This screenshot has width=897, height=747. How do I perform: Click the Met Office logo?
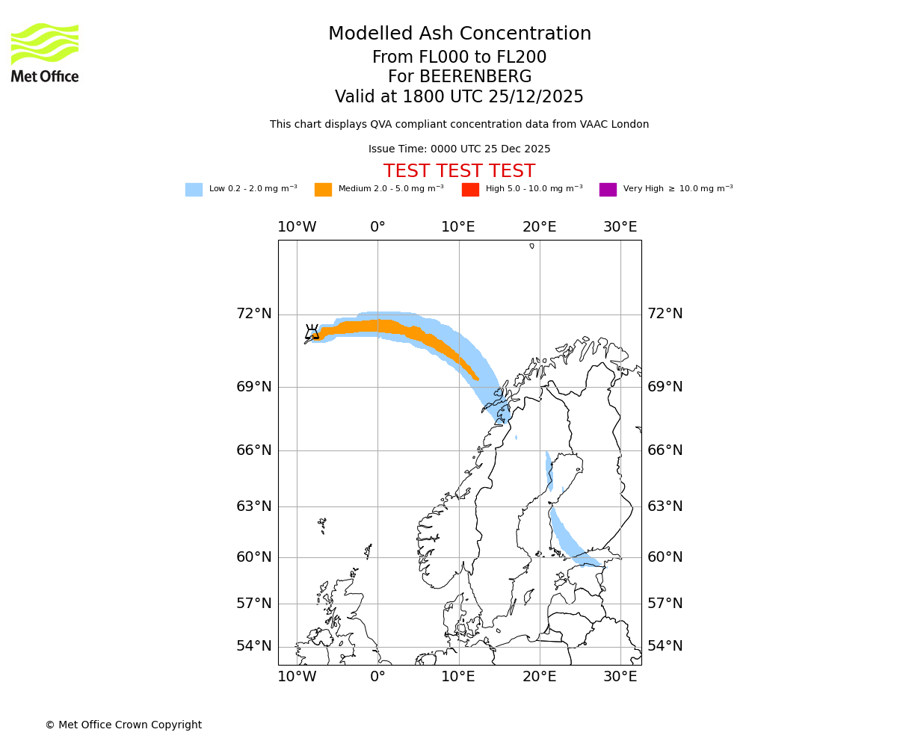coord(45,52)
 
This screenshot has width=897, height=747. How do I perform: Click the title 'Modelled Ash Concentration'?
coord(459,34)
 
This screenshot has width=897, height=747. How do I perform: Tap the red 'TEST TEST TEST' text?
coord(459,171)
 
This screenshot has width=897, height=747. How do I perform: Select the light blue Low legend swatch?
coord(194,190)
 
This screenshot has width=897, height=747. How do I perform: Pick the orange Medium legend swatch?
coord(323,190)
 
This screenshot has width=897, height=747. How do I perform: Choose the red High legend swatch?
coord(470,190)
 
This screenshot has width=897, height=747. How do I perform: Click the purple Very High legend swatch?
coord(608,190)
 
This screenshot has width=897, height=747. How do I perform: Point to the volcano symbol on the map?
coord(312,332)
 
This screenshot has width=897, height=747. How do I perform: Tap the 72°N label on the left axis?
coord(254,314)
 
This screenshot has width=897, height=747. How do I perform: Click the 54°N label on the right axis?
coord(665,646)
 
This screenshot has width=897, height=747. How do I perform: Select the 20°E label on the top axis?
coord(539,227)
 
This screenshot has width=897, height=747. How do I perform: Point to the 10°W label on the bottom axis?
coord(297,677)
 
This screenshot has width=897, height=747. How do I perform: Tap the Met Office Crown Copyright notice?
coord(123,725)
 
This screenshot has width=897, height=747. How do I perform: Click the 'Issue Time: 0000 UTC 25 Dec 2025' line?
coord(459,149)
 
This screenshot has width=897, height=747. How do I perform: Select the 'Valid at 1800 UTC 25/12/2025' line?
coord(459,97)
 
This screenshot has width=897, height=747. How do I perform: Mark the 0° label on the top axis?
coord(377,227)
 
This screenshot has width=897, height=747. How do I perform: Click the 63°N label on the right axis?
coord(665,506)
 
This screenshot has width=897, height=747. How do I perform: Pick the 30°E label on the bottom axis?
coord(620,677)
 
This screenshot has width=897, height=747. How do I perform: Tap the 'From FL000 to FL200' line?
coord(459,58)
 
